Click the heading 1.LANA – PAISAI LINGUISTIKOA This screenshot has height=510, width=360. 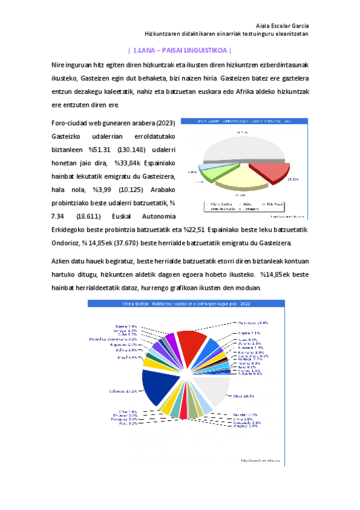click(180, 51)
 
